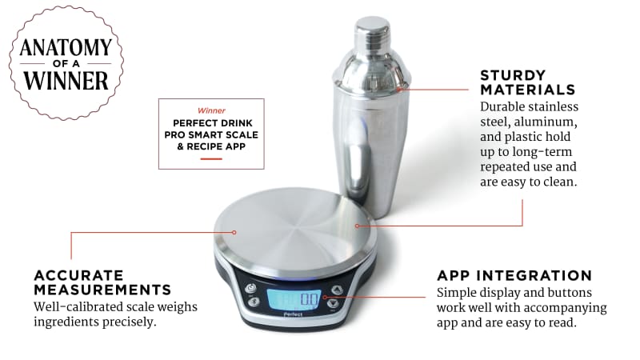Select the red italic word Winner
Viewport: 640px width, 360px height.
point(211,110)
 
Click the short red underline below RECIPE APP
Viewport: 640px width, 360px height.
point(211,158)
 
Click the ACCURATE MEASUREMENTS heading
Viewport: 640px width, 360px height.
point(102,282)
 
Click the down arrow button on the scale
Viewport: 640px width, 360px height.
point(334,304)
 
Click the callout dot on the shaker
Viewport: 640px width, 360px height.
point(398,90)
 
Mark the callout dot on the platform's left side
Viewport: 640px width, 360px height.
point(234,232)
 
